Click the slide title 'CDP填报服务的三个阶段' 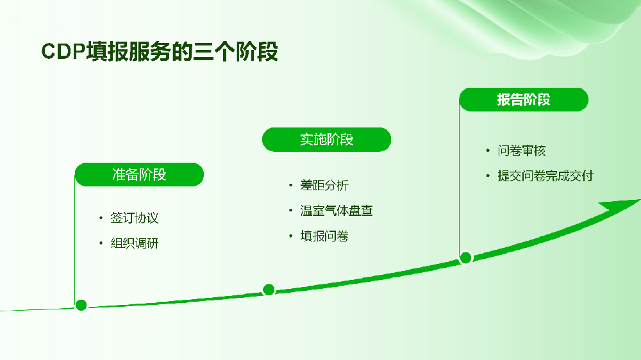tap(160, 51)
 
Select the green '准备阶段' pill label tap(139, 174)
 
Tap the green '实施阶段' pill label tap(327, 140)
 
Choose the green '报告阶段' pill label tap(524, 99)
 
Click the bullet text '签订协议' tap(134, 218)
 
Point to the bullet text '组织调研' tap(134, 243)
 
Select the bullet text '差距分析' tap(324, 185)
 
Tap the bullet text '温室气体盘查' tap(337, 211)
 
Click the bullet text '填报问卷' tap(324, 236)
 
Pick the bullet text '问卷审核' tap(522, 151)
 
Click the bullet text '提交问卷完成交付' tap(545, 176)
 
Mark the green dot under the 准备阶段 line tap(81, 305)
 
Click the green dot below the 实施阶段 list tap(269, 290)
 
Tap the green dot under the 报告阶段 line tap(465, 258)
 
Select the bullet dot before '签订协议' tap(101, 218)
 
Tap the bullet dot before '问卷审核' tap(488, 151)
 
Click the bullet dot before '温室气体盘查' tap(290, 211)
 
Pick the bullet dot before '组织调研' tap(101, 243)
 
